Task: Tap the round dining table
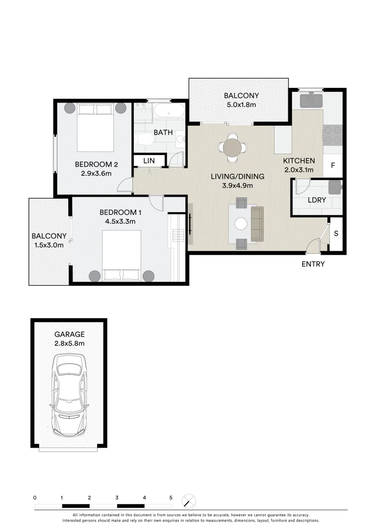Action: pos(232,147)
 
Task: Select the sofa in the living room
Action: pos(257,224)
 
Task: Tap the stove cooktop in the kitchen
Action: pos(332,136)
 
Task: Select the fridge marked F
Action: pos(333,165)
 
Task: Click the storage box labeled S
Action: pos(336,234)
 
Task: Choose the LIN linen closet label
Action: pos(150,160)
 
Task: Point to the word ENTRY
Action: pos(313,264)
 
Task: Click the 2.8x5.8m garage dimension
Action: pos(69,344)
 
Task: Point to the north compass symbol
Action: pos(189,501)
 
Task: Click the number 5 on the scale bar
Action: pos(171,498)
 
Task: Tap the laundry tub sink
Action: pos(335,186)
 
